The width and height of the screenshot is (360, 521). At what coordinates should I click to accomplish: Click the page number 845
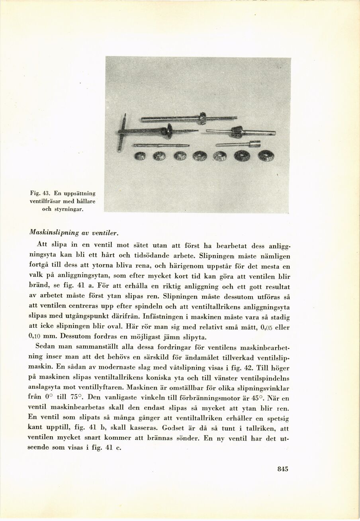click(x=282, y=469)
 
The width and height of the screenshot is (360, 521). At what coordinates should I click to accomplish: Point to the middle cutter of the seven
click(x=200, y=156)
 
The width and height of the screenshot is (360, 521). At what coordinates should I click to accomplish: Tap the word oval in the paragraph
click(x=108, y=327)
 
